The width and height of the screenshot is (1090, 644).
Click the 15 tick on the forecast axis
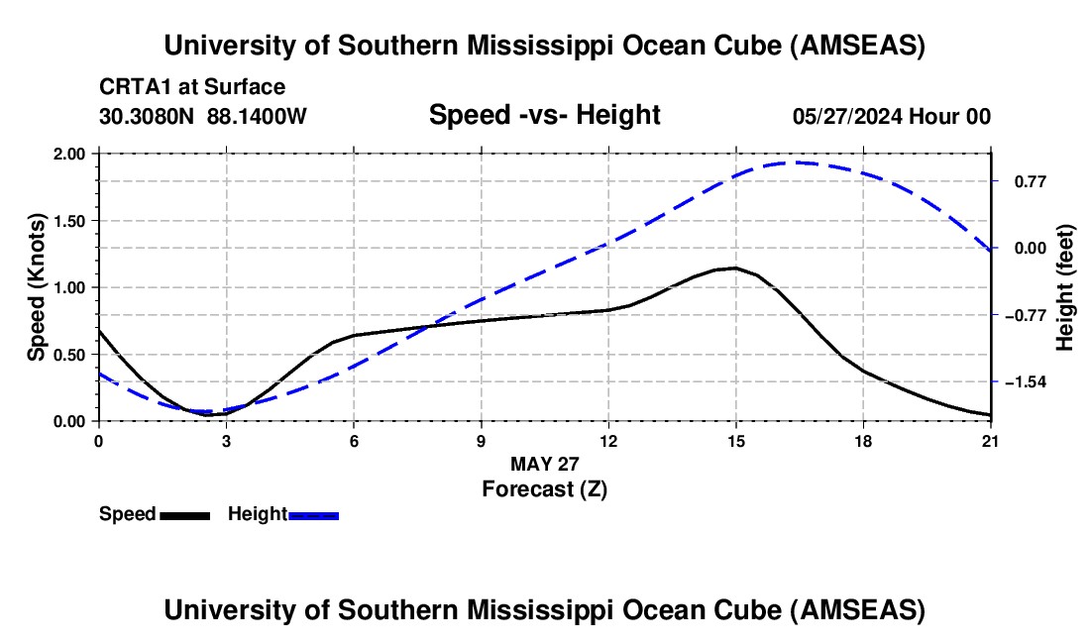[x=735, y=440]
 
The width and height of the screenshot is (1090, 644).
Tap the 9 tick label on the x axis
[x=481, y=440]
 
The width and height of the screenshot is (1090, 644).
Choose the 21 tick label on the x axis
[x=990, y=440]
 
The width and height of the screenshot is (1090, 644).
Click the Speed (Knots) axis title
[x=37, y=287]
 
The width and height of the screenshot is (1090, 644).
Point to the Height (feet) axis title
[x=1065, y=287]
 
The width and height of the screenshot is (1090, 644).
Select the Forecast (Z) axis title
[x=544, y=488]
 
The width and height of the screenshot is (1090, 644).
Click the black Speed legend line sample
[x=184, y=514]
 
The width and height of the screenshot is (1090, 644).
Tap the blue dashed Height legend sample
[x=313, y=514]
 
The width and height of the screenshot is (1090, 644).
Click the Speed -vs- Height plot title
[x=544, y=116]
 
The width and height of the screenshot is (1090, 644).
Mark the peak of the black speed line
[x=734, y=268]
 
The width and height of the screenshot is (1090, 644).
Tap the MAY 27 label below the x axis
[x=544, y=464]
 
